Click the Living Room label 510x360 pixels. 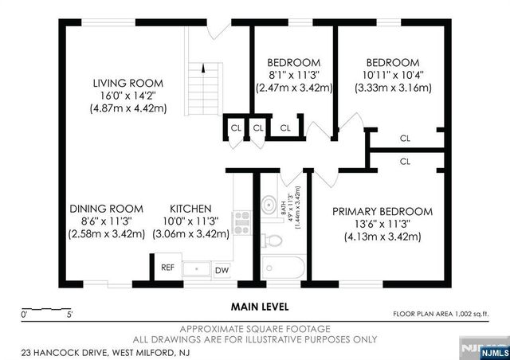click(127, 83)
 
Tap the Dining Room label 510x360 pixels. click(106, 211)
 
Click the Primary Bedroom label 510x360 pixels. click(382, 211)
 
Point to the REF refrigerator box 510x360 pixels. click(168, 268)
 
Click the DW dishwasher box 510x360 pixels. click(221, 271)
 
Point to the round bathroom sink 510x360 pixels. click(269, 201)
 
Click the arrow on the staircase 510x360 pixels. click(203, 70)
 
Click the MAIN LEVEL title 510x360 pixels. click(260, 306)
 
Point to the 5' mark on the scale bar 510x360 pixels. click(70, 315)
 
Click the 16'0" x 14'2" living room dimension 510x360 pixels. click(127, 96)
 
